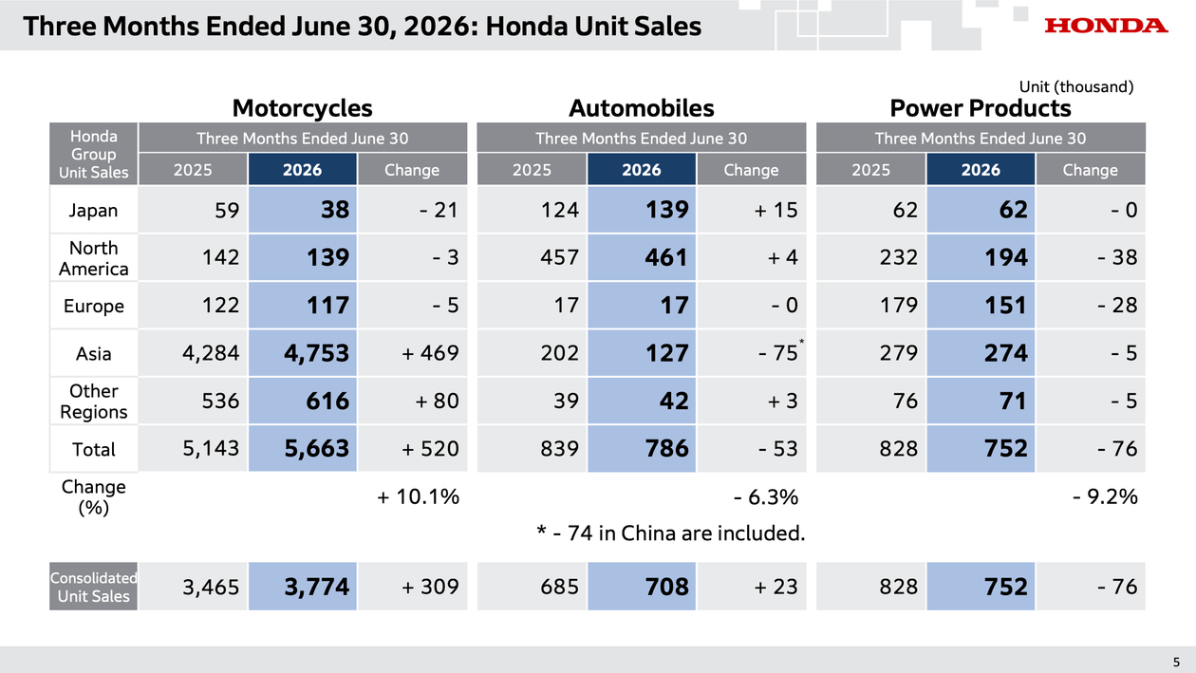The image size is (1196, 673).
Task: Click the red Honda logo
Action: point(1107,26)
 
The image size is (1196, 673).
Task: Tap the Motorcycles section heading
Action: point(302,108)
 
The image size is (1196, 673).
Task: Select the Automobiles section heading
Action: point(642,108)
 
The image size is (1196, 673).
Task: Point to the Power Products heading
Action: point(981,108)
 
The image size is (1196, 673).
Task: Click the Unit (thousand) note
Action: point(1075,86)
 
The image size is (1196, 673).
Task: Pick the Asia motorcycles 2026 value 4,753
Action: point(317,353)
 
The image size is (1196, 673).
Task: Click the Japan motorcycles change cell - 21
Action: point(439,210)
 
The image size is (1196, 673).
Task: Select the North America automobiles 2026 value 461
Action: point(665,257)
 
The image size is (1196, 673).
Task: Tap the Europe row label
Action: point(93,306)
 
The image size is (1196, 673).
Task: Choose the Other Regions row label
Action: point(93,402)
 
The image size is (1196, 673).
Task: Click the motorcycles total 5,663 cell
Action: point(317,448)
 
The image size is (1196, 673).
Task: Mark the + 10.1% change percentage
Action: point(418,496)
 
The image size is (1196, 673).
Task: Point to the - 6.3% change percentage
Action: point(766,496)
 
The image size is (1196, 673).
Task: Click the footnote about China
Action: point(670,533)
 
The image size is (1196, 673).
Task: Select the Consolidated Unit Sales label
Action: point(93,587)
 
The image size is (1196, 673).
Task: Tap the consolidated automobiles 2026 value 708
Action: point(667,587)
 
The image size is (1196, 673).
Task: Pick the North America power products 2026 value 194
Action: point(1006,257)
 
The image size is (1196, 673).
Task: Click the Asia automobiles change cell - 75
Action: point(778,353)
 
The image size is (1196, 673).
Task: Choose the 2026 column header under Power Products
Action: point(981,169)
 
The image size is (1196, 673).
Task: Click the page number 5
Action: point(1176,663)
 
